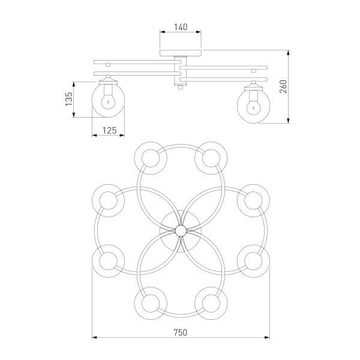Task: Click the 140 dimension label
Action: click(x=181, y=27)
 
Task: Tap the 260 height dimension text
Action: click(x=284, y=86)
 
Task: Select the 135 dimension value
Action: click(x=68, y=99)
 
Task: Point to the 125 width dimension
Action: click(x=110, y=130)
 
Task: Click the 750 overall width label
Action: click(x=180, y=332)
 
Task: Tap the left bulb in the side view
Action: click(x=108, y=102)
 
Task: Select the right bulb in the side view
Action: click(x=253, y=107)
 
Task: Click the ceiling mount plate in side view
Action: click(x=181, y=53)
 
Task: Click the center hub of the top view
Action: click(x=181, y=230)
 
